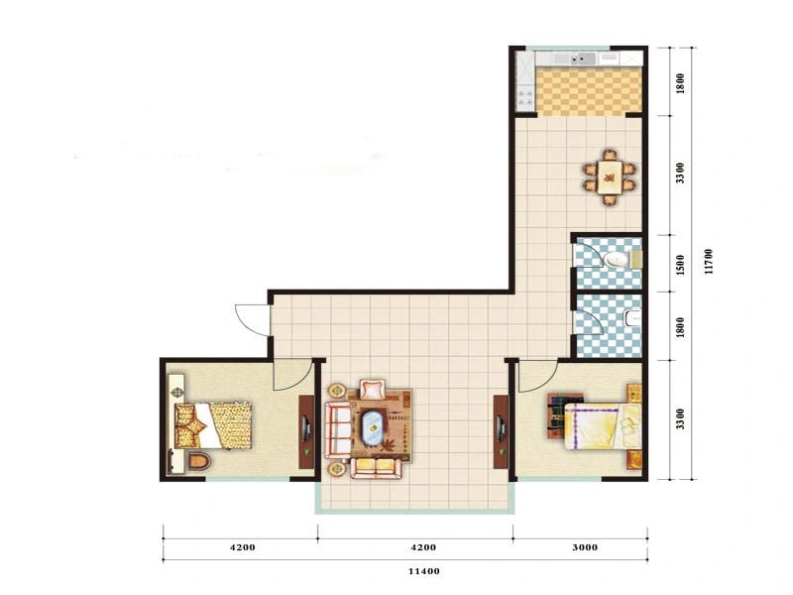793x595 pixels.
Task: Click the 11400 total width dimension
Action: pyautogui.click(x=424, y=571)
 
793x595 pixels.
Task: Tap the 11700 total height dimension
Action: pyautogui.click(x=709, y=262)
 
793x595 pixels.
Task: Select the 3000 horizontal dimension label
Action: pyautogui.click(x=585, y=547)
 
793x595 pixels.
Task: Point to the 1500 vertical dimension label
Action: pyautogui.click(x=681, y=265)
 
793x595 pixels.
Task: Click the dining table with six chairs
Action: pyautogui.click(x=610, y=178)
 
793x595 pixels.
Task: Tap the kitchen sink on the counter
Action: pyautogui.click(x=583, y=59)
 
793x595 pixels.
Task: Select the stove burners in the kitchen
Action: pyautogui.click(x=525, y=97)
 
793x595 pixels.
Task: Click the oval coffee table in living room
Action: pyautogui.click(x=374, y=427)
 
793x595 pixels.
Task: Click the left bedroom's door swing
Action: pyautogui.click(x=292, y=375)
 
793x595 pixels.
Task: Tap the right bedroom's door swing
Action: pyautogui.click(x=537, y=376)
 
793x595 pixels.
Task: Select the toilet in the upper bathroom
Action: pyautogui.click(x=617, y=260)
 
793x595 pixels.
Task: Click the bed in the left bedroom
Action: pyautogui.click(x=213, y=425)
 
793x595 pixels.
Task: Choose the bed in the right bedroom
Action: pyautogui.click(x=603, y=426)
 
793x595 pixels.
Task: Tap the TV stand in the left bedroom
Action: pyautogui.click(x=306, y=431)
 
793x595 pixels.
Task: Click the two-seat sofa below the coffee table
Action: pyautogui.click(x=375, y=467)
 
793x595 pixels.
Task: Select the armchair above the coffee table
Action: pyautogui.click(x=373, y=390)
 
